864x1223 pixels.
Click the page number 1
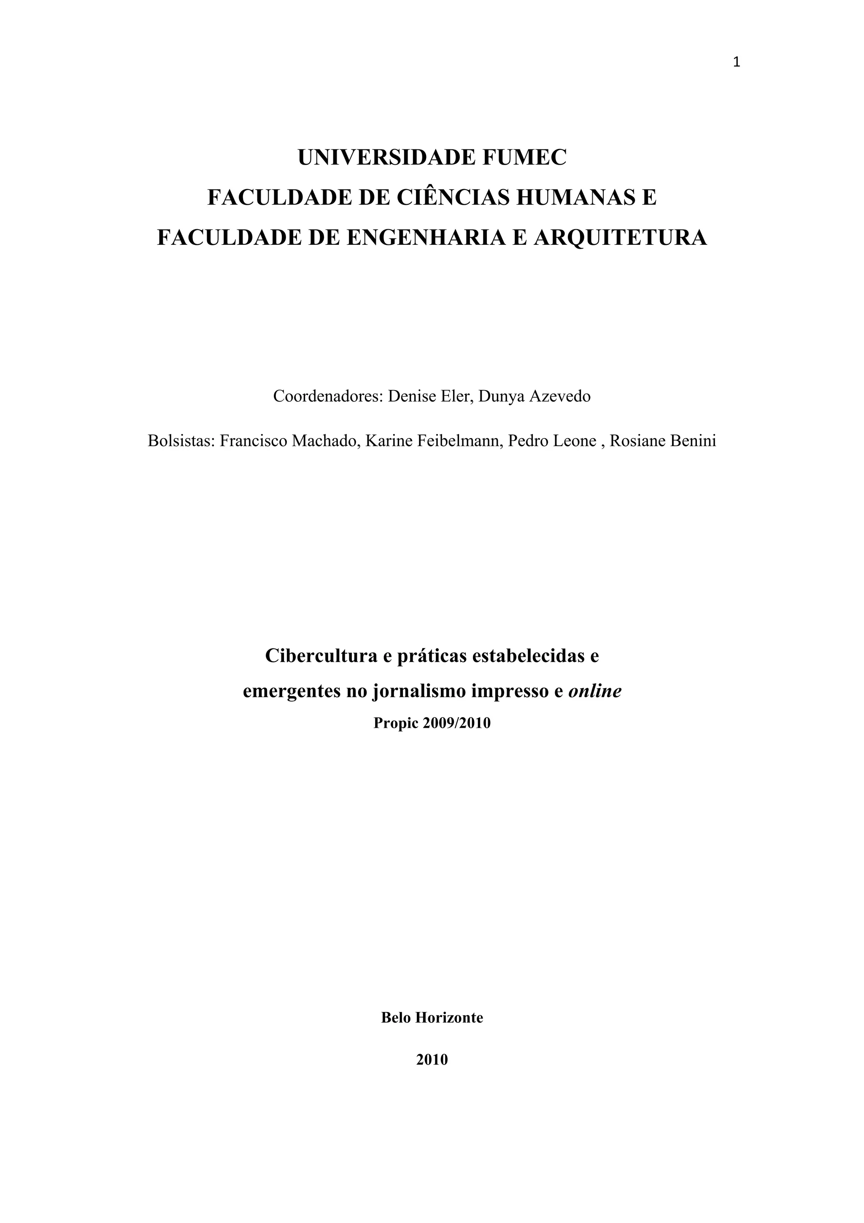point(736,63)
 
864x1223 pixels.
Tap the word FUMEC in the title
point(524,157)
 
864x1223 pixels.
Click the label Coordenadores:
point(328,396)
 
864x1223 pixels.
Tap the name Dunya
point(500,396)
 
